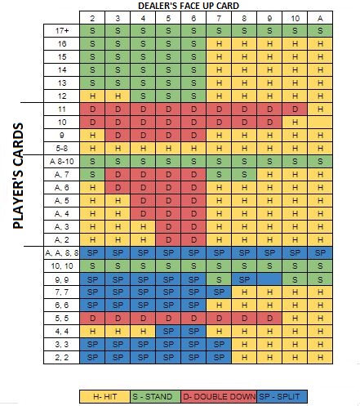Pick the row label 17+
pyautogui.click(x=62, y=30)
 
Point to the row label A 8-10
pyautogui.click(x=62, y=161)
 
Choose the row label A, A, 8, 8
pyautogui.click(x=62, y=252)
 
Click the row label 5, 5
pyautogui.click(x=62, y=319)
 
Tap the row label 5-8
pyautogui.click(x=62, y=148)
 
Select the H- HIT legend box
pyautogui.click(x=105, y=397)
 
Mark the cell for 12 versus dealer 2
pyautogui.click(x=91, y=96)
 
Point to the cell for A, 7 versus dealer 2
pyautogui.click(x=91, y=174)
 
